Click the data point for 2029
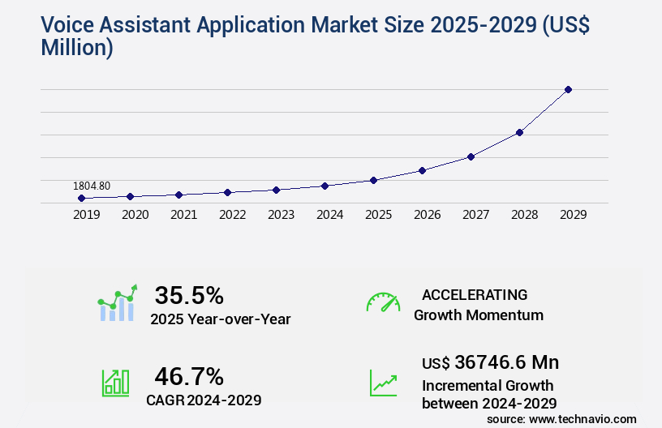(x=568, y=89)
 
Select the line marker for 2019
(x=81, y=198)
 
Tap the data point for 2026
(x=422, y=170)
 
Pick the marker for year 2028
(x=519, y=132)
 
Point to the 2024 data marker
(x=325, y=186)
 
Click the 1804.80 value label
(x=91, y=186)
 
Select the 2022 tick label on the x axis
(x=232, y=215)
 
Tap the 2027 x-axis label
(x=475, y=215)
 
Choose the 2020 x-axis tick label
(x=135, y=215)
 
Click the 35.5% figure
(x=189, y=294)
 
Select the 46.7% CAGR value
(x=189, y=376)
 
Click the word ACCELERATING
(x=475, y=294)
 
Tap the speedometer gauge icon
(x=383, y=302)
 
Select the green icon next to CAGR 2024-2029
(x=115, y=383)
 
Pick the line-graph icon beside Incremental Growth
(x=383, y=383)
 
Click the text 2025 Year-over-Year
(x=220, y=319)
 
